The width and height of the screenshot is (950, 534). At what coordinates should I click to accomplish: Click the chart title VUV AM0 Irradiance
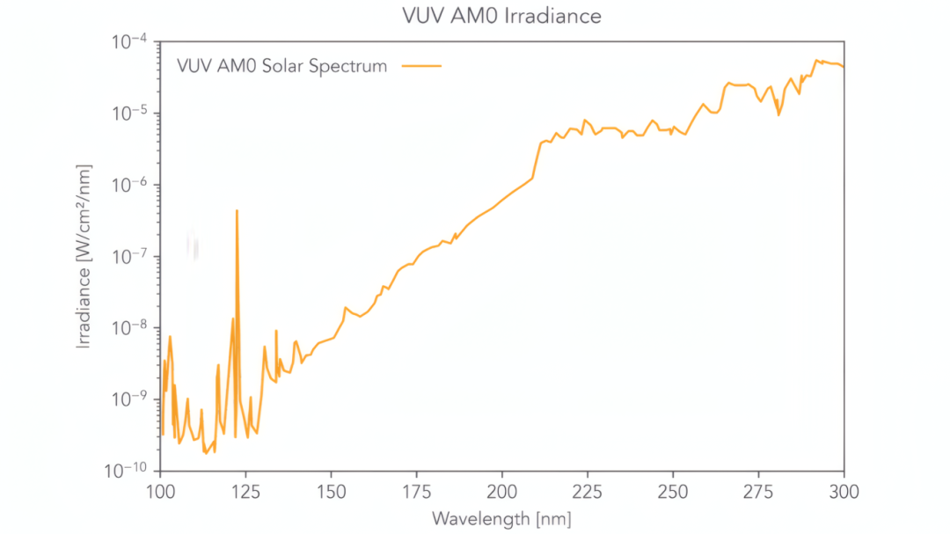tap(501, 16)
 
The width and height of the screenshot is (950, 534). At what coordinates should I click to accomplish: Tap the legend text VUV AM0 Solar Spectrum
tap(281, 66)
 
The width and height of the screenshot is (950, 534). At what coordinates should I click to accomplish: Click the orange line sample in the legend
tap(421, 66)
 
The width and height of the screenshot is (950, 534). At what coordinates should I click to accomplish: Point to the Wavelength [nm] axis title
tap(501, 518)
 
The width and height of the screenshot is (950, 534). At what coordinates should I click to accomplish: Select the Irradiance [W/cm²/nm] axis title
tap(84, 256)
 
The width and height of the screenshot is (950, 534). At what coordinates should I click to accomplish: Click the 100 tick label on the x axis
tap(159, 491)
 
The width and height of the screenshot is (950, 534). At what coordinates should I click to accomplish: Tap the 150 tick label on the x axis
tap(331, 491)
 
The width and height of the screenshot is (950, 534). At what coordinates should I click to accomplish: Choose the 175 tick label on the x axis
tap(416, 491)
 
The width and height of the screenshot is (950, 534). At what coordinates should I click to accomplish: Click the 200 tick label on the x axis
tap(501, 491)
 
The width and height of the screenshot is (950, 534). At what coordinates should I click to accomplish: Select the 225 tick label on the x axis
tap(588, 491)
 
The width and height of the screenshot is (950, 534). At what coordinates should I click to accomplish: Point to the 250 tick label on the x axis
tap(673, 491)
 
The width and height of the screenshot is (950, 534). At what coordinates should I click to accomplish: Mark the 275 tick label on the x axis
tap(758, 491)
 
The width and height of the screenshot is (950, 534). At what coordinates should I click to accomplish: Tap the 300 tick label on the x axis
tap(844, 491)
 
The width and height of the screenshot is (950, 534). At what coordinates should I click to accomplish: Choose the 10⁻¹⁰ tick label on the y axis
tap(128, 470)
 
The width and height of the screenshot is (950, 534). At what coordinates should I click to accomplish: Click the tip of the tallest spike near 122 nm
tap(237, 211)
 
